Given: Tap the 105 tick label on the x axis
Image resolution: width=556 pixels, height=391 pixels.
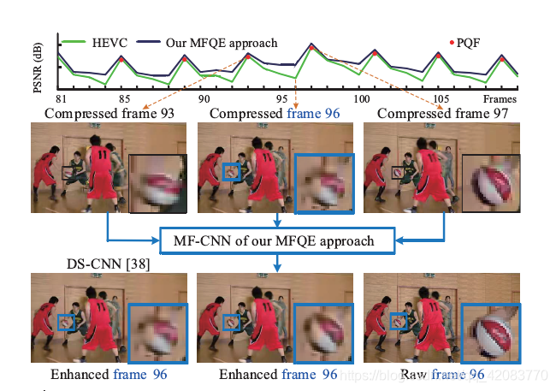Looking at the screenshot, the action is click(x=441, y=98).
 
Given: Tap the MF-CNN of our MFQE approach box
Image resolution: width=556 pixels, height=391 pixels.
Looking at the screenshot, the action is click(x=278, y=241).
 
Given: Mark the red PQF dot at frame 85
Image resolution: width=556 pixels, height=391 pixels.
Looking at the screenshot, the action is click(x=122, y=59).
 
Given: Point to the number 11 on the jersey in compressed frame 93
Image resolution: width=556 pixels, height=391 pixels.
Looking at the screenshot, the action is click(x=104, y=155).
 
